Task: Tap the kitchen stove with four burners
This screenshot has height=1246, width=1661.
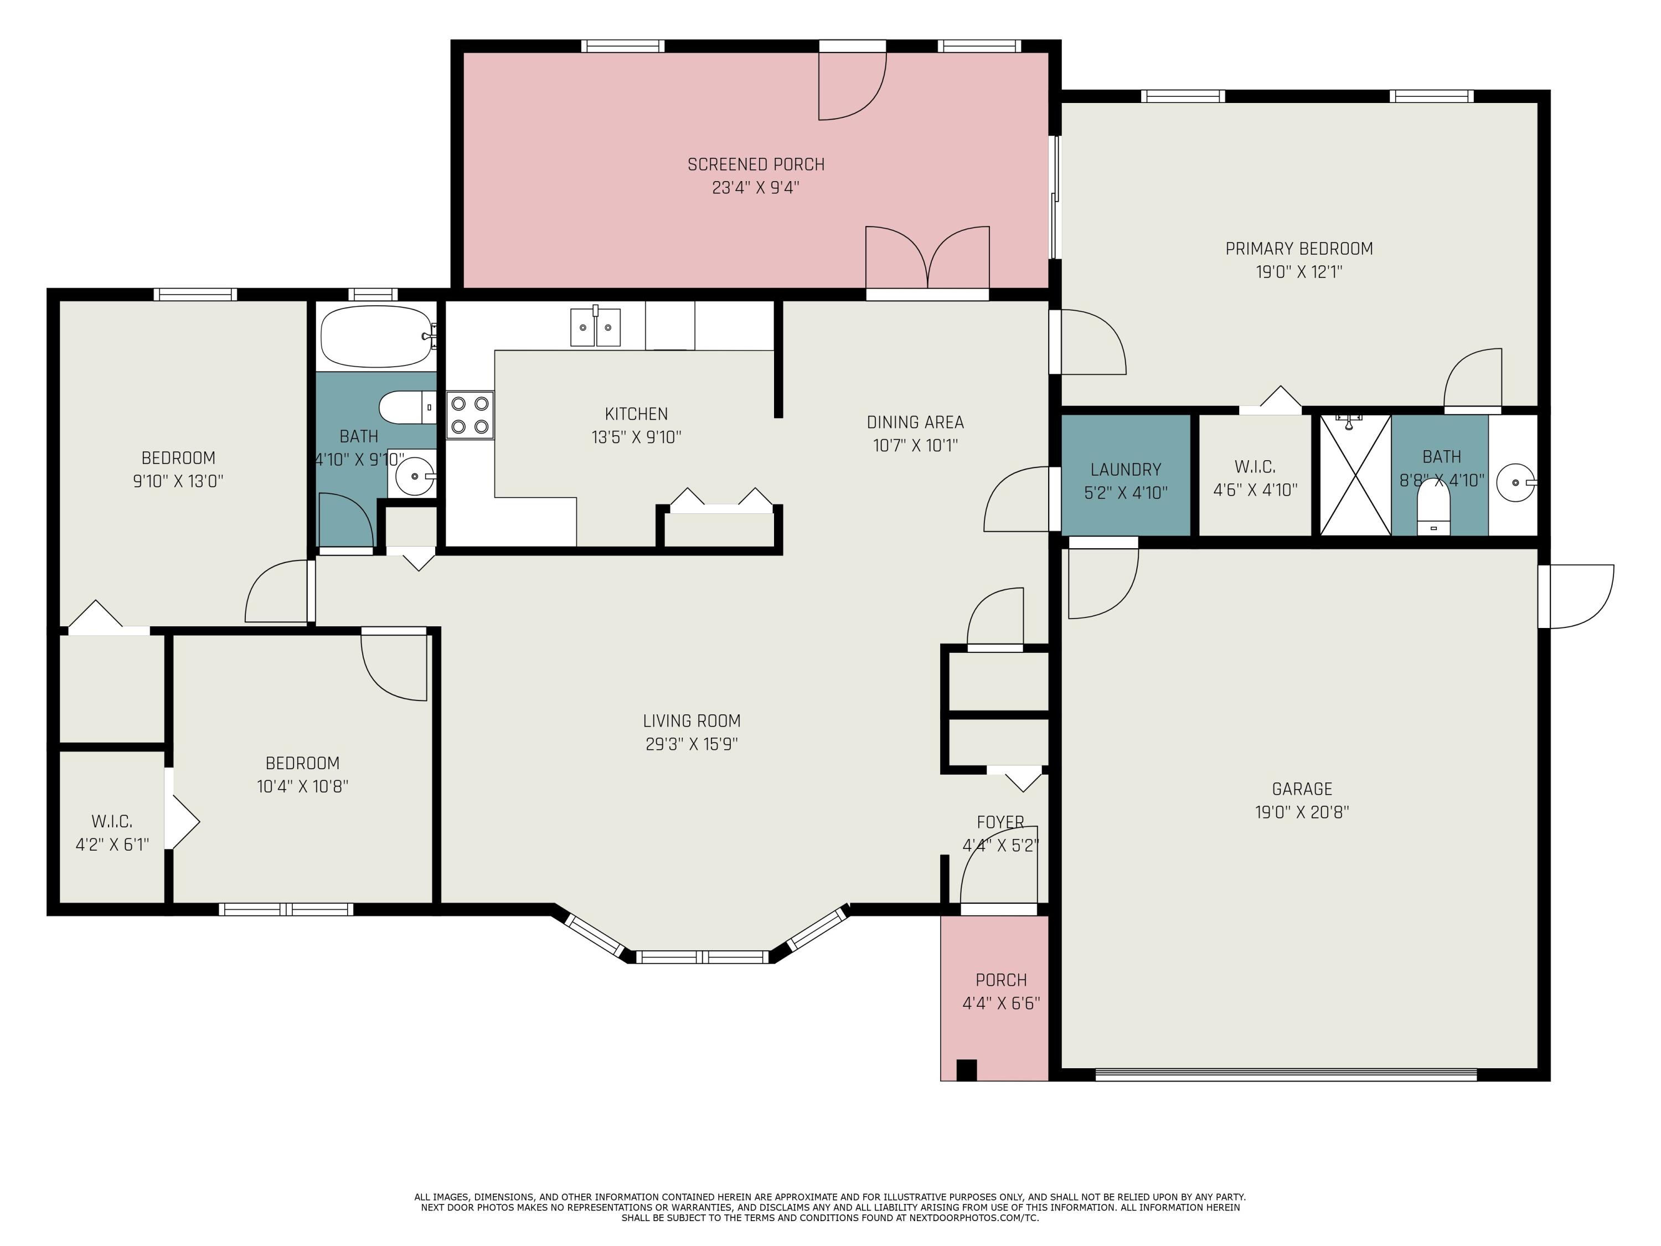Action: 470,415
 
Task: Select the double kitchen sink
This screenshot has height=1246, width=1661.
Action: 595,327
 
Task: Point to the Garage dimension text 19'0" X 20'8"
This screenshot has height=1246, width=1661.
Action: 1302,812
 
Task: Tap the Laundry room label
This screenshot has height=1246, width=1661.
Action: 1126,470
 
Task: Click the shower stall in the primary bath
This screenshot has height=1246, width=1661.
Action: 1355,475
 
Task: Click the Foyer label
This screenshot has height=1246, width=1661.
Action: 1000,822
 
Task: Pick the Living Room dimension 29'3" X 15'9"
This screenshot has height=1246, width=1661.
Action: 692,744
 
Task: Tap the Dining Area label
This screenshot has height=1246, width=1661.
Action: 915,422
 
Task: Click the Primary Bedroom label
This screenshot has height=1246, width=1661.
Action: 1299,249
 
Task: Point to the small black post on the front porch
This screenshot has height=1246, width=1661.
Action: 966,1069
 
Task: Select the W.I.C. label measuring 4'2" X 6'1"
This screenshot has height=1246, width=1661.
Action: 112,833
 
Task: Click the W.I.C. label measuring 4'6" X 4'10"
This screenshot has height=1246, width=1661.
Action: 1255,478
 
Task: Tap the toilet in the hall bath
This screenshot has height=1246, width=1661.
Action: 407,408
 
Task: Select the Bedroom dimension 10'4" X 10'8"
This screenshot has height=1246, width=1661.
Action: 303,786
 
